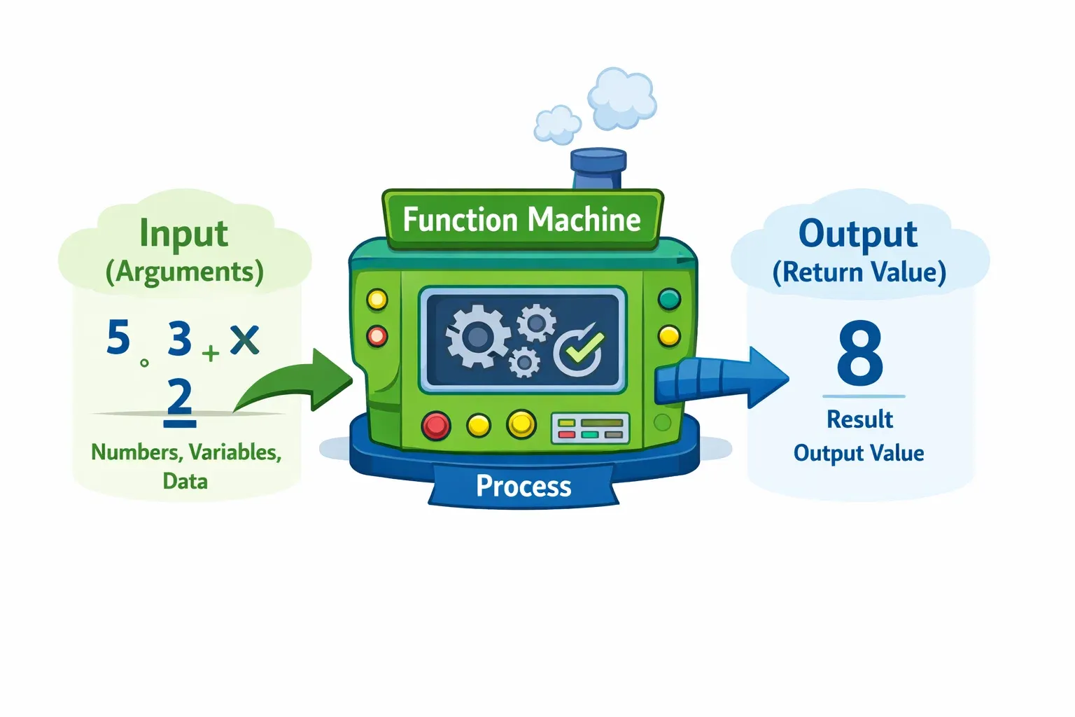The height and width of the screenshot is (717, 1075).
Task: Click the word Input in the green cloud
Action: (183, 234)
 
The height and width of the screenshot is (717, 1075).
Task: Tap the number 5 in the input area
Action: (118, 337)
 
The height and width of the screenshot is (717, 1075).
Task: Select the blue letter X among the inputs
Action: (244, 340)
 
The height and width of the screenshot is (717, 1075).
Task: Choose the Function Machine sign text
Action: (521, 220)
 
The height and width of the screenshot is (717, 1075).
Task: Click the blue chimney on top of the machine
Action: (598, 168)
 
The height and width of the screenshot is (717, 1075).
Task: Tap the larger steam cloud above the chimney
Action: (621, 98)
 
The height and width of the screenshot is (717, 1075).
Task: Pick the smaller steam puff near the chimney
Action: (557, 125)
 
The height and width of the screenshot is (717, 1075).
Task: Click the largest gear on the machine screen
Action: (477, 337)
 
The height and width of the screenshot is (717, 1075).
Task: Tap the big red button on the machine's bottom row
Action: (436, 425)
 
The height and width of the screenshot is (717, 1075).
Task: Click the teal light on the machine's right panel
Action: (669, 299)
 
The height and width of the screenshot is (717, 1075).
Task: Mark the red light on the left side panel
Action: (377, 336)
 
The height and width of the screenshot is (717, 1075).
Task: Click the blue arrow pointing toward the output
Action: (721, 378)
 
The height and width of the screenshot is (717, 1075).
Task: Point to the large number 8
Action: (860, 353)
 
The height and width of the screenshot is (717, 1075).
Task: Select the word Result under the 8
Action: (859, 419)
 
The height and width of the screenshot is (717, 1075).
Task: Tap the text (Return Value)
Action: (859, 272)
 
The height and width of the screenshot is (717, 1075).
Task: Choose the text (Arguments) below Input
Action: (184, 272)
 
